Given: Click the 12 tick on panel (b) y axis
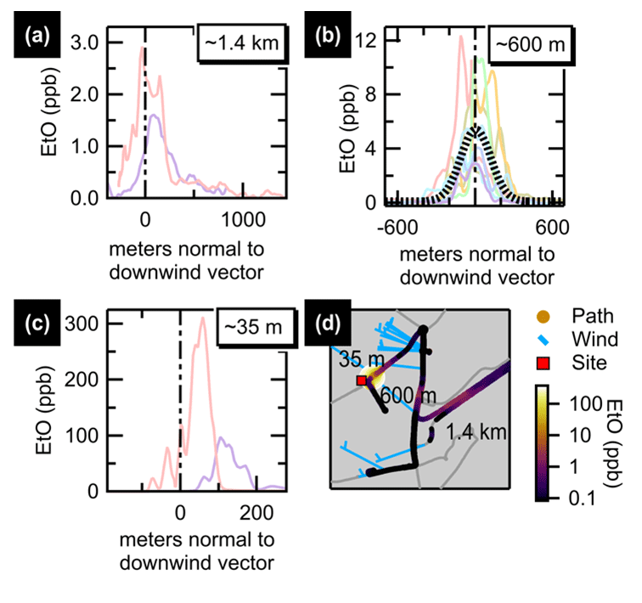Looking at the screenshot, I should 367,41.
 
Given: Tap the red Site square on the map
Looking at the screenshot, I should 361,381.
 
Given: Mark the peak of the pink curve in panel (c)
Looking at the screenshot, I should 202,318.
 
